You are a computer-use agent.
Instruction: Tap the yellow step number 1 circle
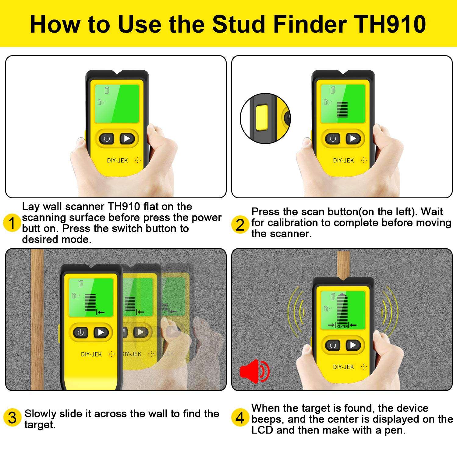(12, 223)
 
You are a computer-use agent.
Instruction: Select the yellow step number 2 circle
(240, 225)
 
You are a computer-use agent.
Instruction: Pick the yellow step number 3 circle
(12, 418)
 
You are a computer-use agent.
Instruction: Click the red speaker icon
(254, 371)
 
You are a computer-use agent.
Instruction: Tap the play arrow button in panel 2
(353, 139)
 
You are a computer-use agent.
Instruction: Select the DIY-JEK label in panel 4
(343, 367)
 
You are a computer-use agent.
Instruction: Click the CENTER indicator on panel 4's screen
(342, 326)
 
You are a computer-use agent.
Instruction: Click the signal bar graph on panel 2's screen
(342, 109)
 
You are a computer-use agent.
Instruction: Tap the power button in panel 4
(333, 345)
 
